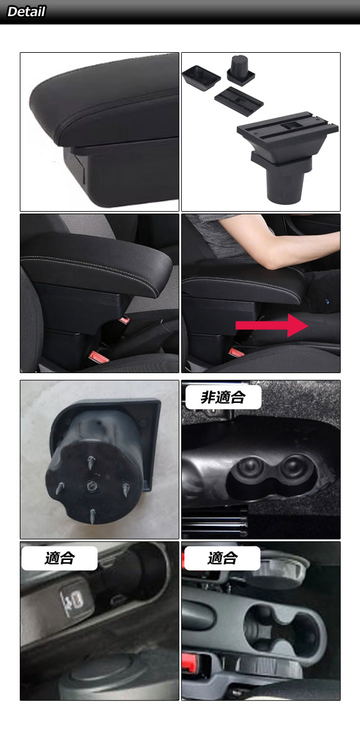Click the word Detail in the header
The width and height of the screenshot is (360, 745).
[x=26, y=12]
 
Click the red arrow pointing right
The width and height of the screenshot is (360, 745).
[x=272, y=325]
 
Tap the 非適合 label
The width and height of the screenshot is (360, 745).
[x=223, y=397]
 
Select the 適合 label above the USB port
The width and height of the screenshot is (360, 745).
[x=60, y=558]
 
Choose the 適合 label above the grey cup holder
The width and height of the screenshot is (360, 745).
[x=222, y=558]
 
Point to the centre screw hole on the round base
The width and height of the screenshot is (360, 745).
[x=91, y=487]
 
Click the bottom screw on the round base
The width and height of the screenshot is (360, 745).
[x=92, y=516]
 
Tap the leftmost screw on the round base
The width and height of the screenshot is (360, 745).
[x=60, y=488]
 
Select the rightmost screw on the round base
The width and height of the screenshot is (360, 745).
[x=126, y=490]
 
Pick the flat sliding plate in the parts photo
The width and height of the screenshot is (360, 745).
[x=239, y=101]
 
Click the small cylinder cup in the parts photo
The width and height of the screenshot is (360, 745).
[x=241, y=69]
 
